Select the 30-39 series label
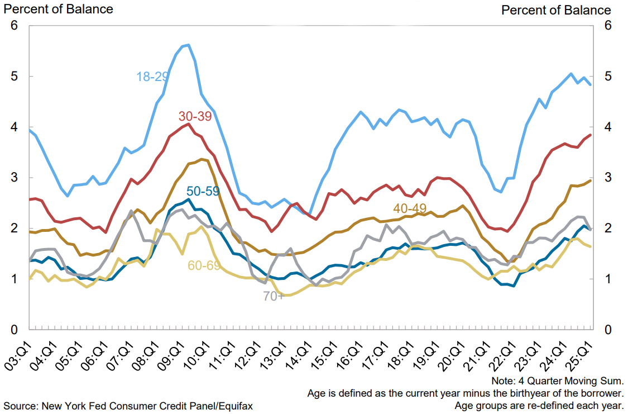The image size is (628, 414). [195, 117]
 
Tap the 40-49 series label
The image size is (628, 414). [409, 208]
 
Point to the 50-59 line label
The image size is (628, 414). [203, 192]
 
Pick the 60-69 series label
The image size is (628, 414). [203, 265]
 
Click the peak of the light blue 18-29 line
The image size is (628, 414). [188, 45]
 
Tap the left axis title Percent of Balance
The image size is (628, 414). [58, 9]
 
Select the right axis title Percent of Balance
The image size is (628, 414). [556, 10]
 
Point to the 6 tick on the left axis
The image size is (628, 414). [15, 26]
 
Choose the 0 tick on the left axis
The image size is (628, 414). [15, 330]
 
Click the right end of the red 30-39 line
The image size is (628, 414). [591, 135]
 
